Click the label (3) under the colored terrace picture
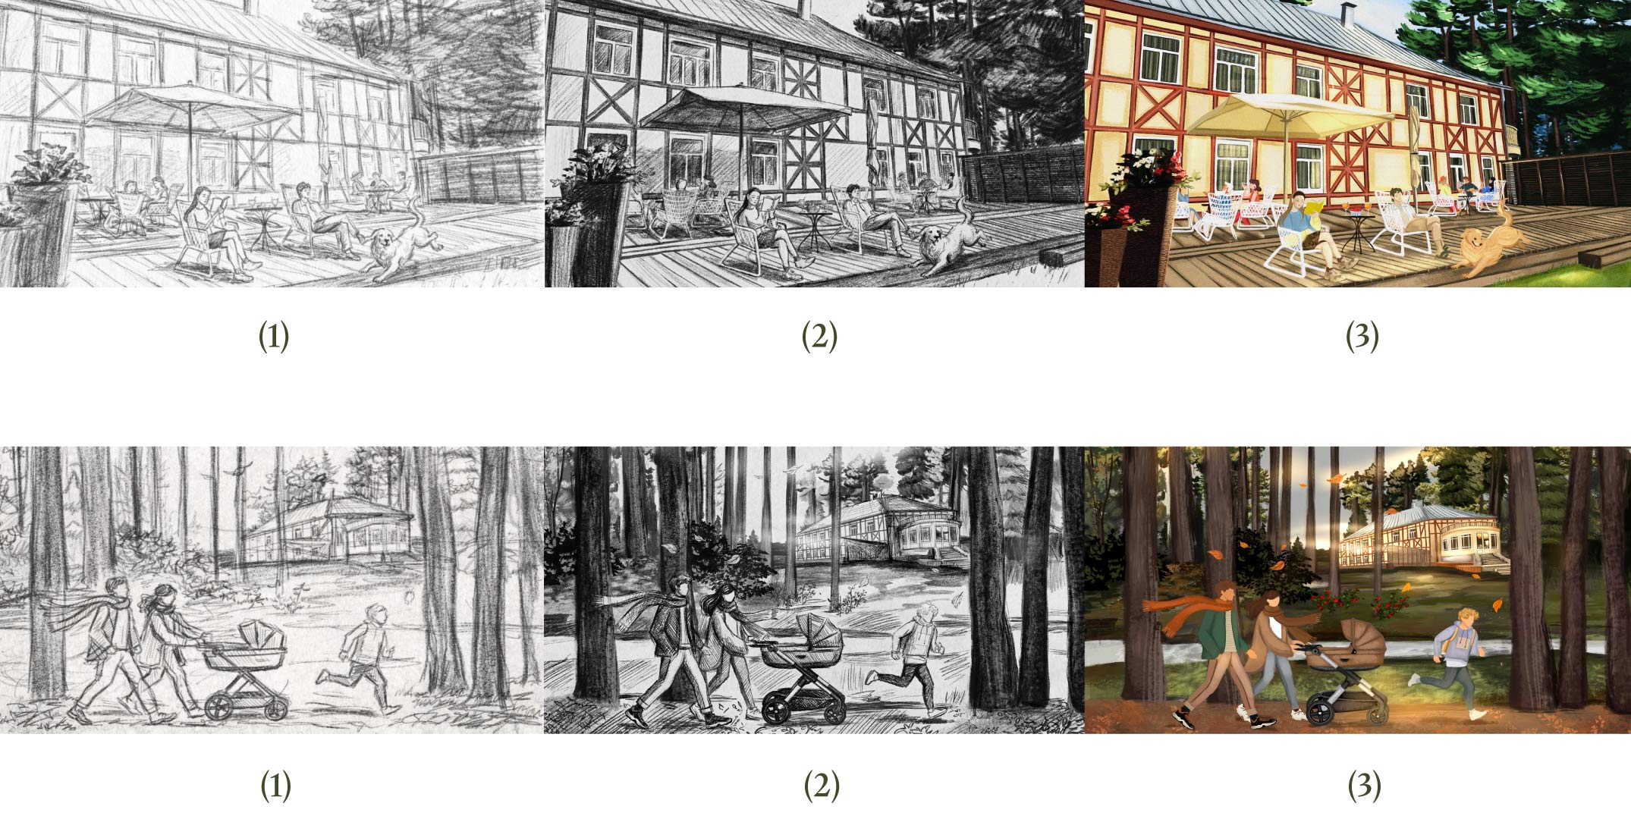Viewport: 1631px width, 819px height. coord(1362,337)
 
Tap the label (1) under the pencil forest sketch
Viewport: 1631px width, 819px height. coord(275,786)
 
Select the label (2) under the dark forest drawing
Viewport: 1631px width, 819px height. coord(820,786)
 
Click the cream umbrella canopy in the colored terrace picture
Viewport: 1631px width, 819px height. coord(1290,115)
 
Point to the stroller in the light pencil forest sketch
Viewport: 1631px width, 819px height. coord(244,672)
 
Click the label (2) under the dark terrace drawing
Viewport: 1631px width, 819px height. coord(819,337)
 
